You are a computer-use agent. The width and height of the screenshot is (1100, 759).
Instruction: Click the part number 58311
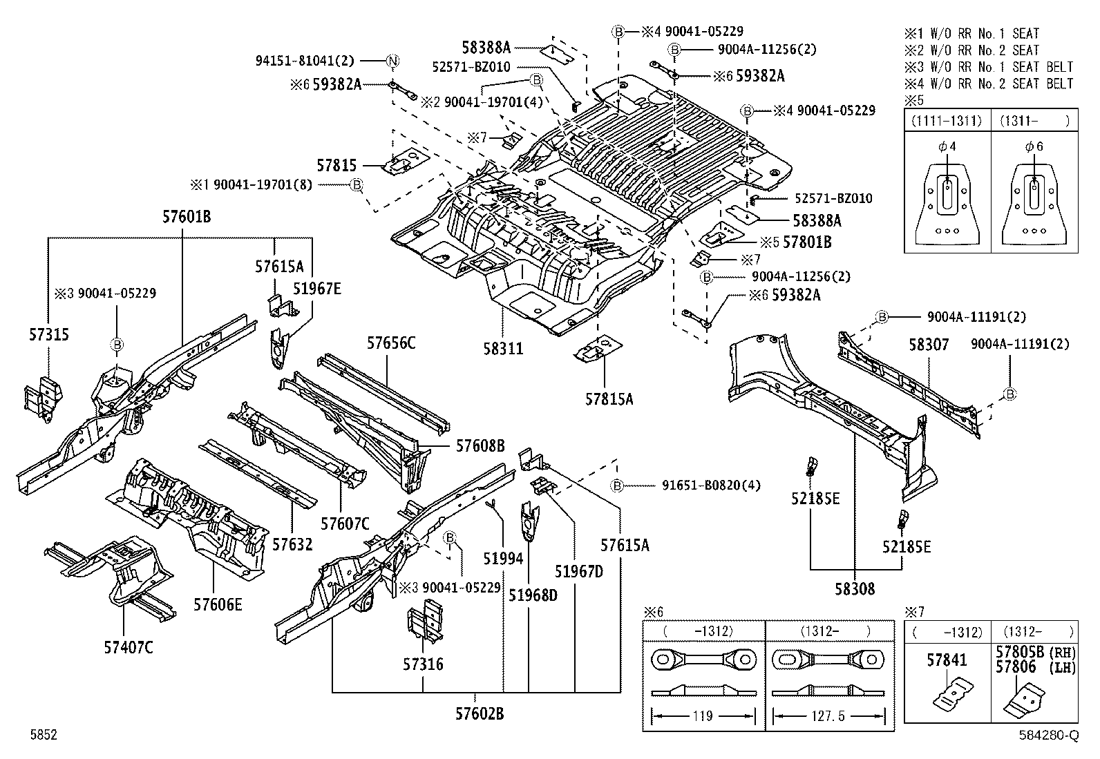pos(503,349)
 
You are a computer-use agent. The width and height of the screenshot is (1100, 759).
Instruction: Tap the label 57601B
pos(187,216)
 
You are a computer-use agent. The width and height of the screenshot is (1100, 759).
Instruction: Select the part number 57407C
pos(129,648)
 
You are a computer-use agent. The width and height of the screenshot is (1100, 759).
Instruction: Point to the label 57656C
pos(391,343)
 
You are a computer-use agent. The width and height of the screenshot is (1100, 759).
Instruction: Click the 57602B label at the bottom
pos(480,713)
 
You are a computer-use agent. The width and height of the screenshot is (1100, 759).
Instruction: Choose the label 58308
pos(855,588)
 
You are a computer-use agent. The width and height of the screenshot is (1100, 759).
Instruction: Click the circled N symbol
pos(392,61)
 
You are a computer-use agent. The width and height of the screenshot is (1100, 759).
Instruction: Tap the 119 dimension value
pos(703,715)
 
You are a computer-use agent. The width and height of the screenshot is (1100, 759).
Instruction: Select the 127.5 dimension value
pos(828,715)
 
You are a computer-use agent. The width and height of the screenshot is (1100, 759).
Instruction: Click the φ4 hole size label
pos(947,146)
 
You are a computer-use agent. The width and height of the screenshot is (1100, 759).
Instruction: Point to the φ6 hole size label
pos(1034,146)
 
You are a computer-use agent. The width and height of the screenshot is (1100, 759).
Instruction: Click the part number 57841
pos(947,660)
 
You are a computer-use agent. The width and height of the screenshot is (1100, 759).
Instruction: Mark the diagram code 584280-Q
pos(1049,735)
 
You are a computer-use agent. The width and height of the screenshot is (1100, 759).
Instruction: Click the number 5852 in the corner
pos(44,734)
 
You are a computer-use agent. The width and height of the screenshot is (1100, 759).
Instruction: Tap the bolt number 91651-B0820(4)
pos(711,485)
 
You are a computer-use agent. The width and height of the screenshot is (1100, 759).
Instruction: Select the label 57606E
pos(218,604)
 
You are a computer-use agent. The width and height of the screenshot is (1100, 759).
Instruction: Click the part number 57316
pos(424,664)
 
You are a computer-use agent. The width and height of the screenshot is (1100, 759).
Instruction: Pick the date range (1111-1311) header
pos(947,121)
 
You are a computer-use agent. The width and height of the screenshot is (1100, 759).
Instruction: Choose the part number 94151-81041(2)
pos(305,61)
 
